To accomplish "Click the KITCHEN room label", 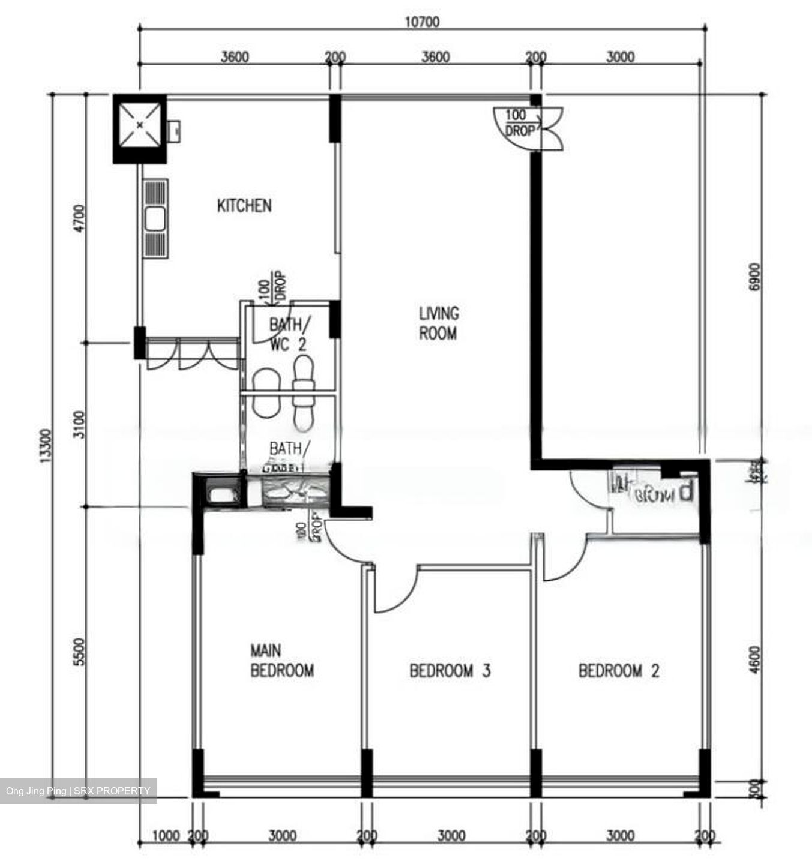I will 244,206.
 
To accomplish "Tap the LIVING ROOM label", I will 438,323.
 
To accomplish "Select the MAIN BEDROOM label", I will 281,661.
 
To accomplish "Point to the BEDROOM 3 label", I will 450,670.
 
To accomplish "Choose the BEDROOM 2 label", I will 618,670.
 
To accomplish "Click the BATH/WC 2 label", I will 290,335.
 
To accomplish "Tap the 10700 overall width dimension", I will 422,22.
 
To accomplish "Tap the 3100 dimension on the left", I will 79,424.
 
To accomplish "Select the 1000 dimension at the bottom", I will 166,836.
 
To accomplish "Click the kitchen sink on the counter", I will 155,218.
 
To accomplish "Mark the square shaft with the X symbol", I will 139,125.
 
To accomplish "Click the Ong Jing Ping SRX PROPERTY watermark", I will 78,791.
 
